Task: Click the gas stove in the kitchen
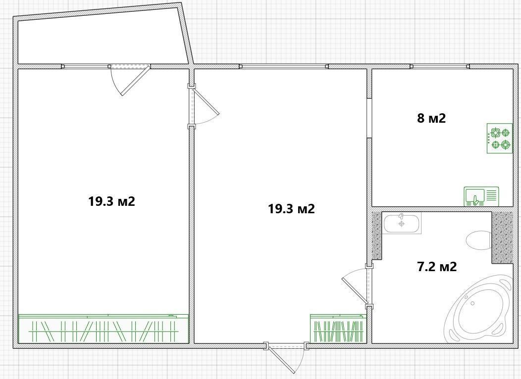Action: pos(500,139)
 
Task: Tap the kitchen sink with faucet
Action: pos(481,196)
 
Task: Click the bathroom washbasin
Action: pos(402,224)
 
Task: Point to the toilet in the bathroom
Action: pos(479,240)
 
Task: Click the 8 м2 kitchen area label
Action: pos(431,118)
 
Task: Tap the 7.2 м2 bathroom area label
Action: pos(437,266)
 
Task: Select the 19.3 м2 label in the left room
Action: pos(111,201)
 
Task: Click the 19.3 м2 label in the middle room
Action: pos(291,209)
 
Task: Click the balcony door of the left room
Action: pos(130,79)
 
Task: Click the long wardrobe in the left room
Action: pos(104,329)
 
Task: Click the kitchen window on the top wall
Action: pos(440,66)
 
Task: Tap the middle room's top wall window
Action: pos(284,66)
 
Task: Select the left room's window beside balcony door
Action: pos(86,66)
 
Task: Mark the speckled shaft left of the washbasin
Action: pos(377,236)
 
